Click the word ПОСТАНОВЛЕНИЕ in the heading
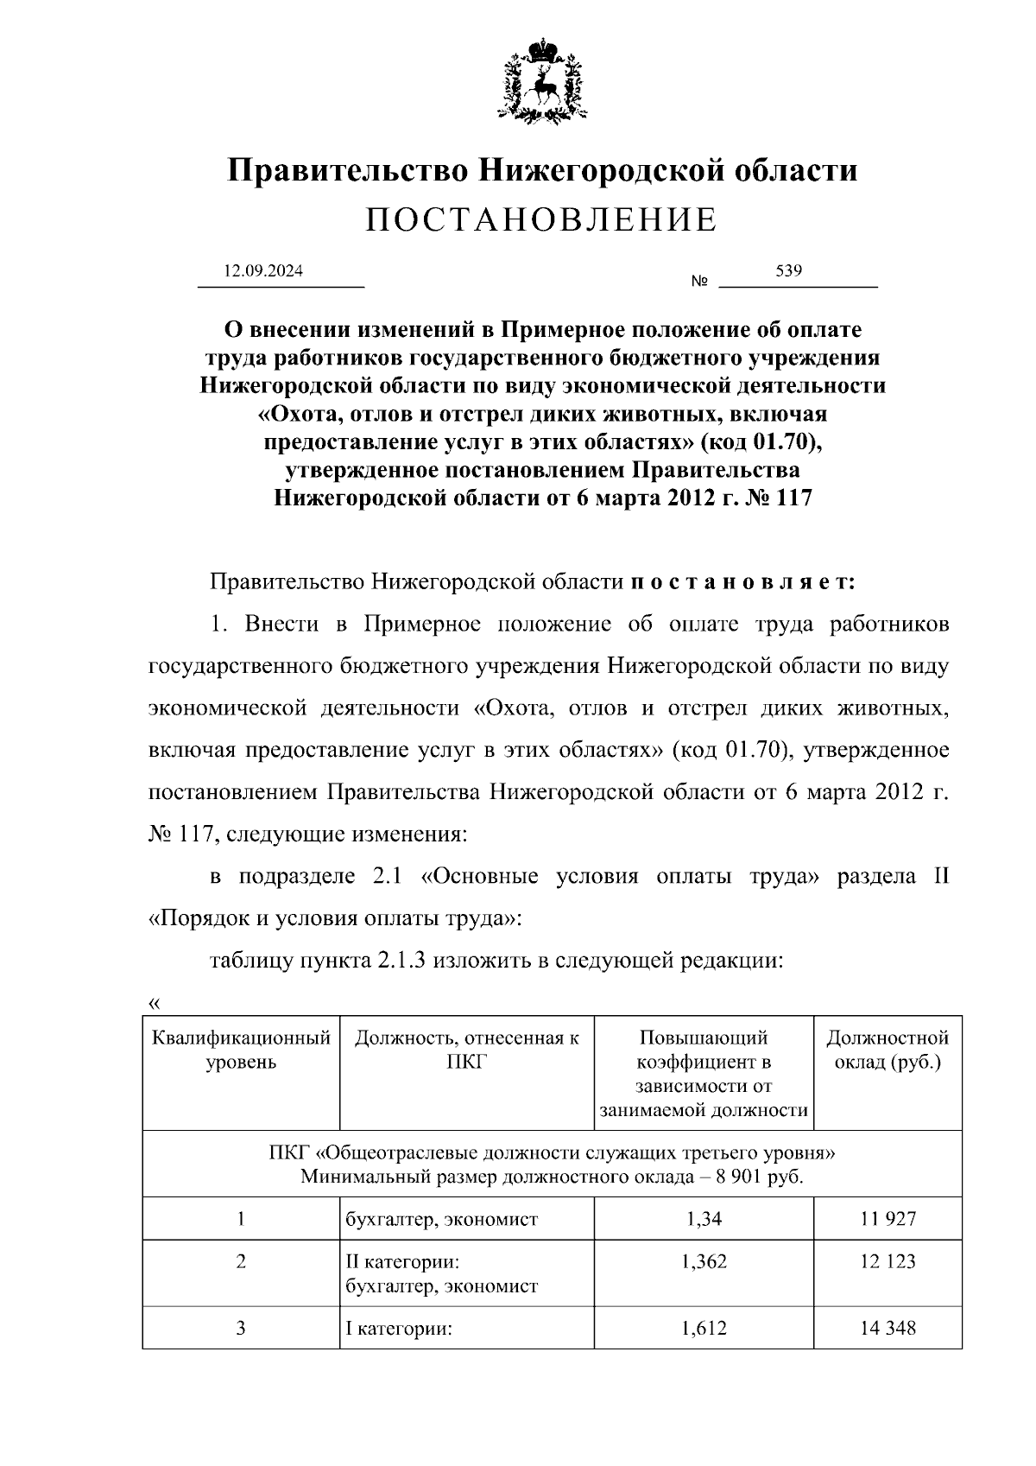click(x=541, y=221)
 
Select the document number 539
click(x=789, y=270)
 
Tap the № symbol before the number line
click(x=699, y=282)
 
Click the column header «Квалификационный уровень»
click(x=241, y=1050)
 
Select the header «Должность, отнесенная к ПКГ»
click(x=467, y=1050)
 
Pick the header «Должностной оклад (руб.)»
click(x=888, y=1050)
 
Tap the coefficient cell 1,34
click(x=704, y=1219)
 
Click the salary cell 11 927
click(x=888, y=1219)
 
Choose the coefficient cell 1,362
click(x=704, y=1261)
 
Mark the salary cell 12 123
click(x=888, y=1261)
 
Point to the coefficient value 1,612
click(x=704, y=1328)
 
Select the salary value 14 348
click(x=888, y=1328)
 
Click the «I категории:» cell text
click(x=400, y=1329)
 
